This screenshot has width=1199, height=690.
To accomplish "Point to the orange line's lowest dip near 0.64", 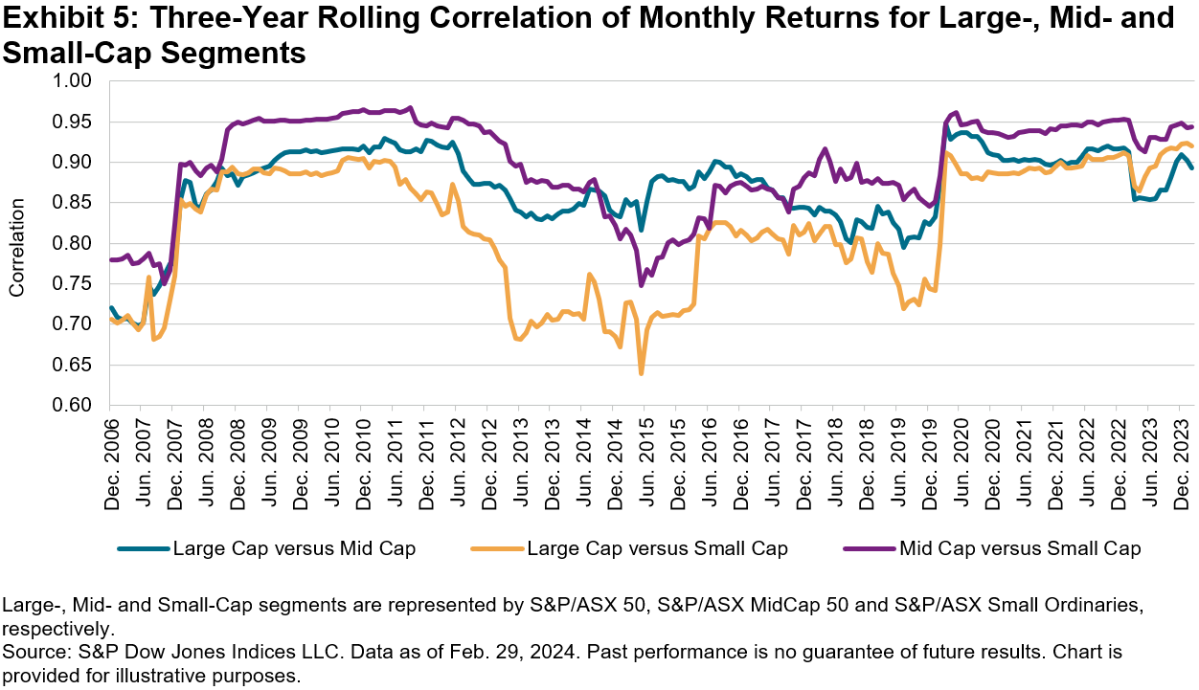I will [x=641, y=372].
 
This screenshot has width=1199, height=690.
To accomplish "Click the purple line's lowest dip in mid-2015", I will [x=641, y=285].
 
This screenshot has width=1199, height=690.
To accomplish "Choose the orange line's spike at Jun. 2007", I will [x=149, y=278].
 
